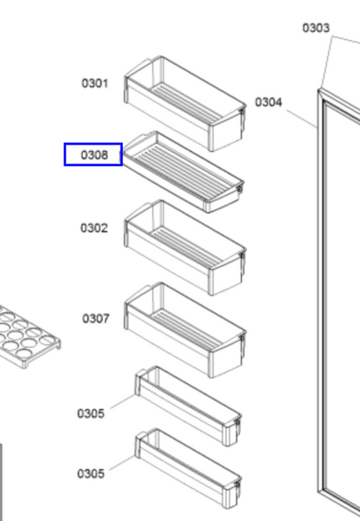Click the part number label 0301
pyautogui.click(x=95, y=83)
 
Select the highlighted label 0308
pyautogui.click(x=95, y=155)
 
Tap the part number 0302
pyautogui.click(x=94, y=228)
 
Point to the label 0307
pyautogui.click(x=95, y=318)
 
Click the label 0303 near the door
pyautogui.click(x=316, y=28)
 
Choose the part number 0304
pyautogui.click(x=268, y=102)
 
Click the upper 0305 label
pyautogui.click(x=91, y=414)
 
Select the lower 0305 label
pyautogui.click(x=91, y=473)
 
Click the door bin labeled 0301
pyautogui.click(x=185, y=103)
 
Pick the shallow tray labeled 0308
pyautogui.click(x=183, y=172)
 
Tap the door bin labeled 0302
pyautogui.click(x=185, y=247)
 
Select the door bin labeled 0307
pyautogui.click(x=185, y=329)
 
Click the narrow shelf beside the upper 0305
pyautogui.click(x=188, y=406)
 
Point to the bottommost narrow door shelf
pyautogui.click(x=188, y=468)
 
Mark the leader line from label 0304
pyautogui.click(x=302, y=119)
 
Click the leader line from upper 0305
pyautogui.click(x=123, y=401)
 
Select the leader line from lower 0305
pyautogui.click(x=122, y=463)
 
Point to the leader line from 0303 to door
pyautogui.click(x=326, y=63)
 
